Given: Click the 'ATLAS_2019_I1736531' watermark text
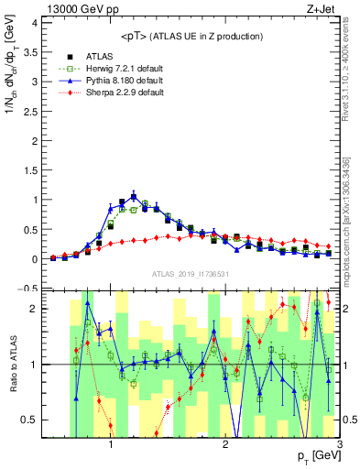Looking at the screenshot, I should pos(191,274).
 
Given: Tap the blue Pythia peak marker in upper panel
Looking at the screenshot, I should pos(134,196).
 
